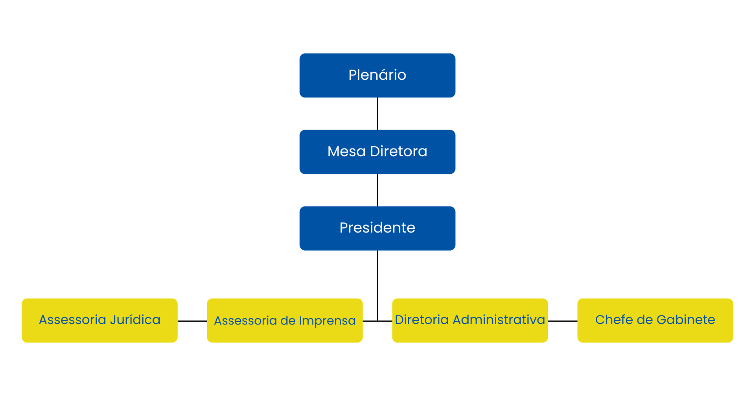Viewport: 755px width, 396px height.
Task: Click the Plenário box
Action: pos(377,75)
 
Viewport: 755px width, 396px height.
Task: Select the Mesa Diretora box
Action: pos(377,152)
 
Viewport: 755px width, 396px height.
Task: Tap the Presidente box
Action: pos(377,228)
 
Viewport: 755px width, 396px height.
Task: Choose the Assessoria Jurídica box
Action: pos(99,320)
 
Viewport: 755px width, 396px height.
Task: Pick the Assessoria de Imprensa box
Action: pos(285,320)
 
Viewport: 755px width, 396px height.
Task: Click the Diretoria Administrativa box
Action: pos(470,320)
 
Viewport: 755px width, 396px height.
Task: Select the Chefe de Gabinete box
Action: pos(655,320)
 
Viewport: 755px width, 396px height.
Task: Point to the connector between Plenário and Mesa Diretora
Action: pos(377,114)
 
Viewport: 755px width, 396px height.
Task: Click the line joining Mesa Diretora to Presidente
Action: pos(377,190)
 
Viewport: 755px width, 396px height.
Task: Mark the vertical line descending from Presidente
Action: pos(377,286)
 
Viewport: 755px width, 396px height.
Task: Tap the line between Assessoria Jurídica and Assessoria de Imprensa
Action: pos(192,321)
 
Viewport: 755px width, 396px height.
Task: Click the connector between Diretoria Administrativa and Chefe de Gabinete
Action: pos(563,321)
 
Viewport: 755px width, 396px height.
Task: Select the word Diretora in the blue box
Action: pos(399,151)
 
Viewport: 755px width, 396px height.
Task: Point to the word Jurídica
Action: pos(135,319)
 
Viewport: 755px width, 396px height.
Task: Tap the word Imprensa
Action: pos(327,321)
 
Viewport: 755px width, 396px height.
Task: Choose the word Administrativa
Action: pos(499,319)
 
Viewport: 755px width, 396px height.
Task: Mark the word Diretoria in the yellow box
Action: pos(422,319)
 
